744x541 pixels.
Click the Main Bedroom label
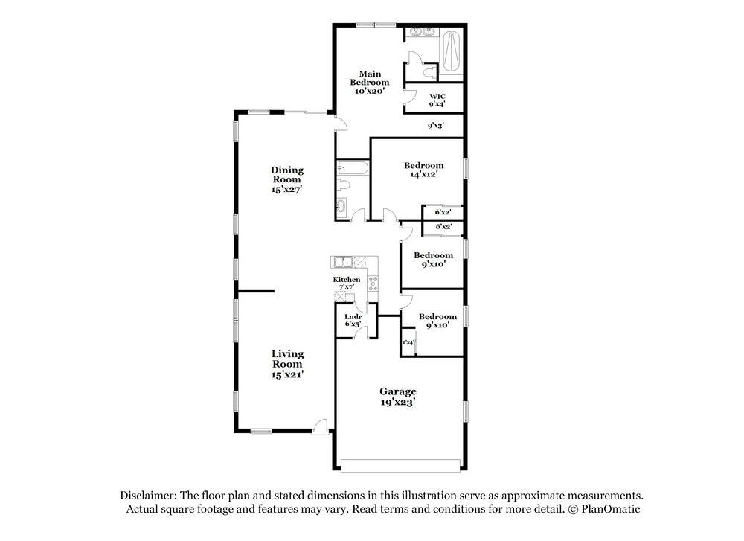point(370,82)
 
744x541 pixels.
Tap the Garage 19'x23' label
point(397,397)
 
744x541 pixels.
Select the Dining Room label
point(287,179)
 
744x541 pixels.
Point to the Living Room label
point(287,364)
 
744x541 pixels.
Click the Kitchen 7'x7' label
point(347,284)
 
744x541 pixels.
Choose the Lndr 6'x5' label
point(353,320)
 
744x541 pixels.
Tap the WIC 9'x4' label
point(437,100)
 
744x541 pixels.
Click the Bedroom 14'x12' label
point(424,170)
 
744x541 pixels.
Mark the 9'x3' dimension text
point(435,126)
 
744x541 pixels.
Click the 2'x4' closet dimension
point(408,342)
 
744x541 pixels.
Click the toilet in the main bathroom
point(429,73)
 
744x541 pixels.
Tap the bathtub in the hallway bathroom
point(352,168)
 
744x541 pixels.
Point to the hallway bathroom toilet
point(343,185)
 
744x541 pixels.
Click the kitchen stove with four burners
point(373,284)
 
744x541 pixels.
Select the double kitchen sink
point(342,262)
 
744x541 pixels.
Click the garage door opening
point(400,466)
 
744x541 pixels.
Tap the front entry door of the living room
point(321,426)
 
